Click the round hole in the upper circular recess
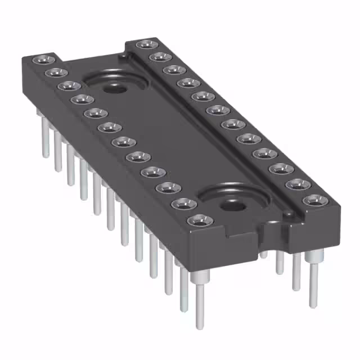pyautogui.click(x=117, y=88)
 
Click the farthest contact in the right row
pyautogui.click(x=145, y=44)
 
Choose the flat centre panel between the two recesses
pyautogui.click(x=169, y=141)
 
